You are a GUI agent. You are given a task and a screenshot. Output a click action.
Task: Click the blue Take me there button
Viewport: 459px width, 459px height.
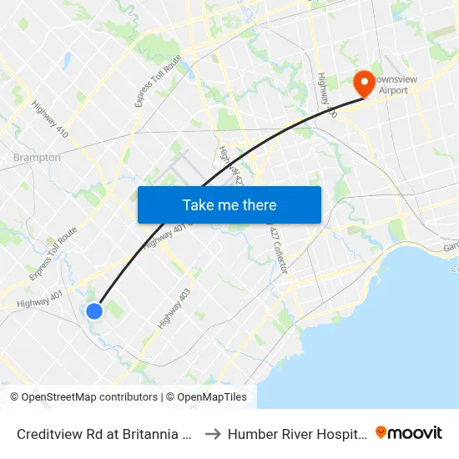click(229, 204)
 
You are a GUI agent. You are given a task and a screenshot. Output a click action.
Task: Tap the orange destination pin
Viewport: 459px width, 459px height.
click(364, 83)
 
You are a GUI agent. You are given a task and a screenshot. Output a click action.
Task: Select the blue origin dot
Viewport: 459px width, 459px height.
click(94, 311)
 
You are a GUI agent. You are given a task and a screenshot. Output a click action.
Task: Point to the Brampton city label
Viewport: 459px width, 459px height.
click(37, 158)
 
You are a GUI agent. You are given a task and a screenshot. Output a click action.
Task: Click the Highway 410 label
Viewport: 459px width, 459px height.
click(50, 119)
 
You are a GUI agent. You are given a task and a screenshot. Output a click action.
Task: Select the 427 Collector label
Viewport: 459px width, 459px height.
click(279, 250)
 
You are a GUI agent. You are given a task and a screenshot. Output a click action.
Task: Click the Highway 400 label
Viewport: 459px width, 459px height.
click(326, 94)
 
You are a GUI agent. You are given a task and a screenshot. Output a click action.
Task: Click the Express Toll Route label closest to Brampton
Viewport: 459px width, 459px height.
click(53, 254)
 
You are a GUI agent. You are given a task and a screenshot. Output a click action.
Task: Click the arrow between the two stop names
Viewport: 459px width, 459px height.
click(212, 433)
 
